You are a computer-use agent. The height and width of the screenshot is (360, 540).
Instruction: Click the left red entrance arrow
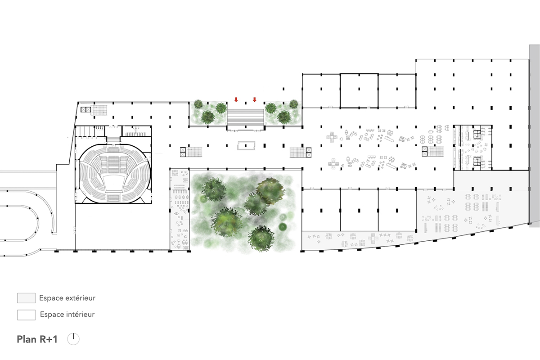coord(236,99)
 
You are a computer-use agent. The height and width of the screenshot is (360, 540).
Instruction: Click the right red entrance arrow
coord(254,99)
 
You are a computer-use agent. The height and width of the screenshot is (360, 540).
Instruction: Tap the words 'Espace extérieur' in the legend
coord(67,298)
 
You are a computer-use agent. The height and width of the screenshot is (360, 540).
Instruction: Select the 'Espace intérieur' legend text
coord(67,315)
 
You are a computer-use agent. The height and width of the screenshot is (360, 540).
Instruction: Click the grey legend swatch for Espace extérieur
coord(26,298)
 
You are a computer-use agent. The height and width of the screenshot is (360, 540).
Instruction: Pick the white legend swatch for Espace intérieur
coord(26,315)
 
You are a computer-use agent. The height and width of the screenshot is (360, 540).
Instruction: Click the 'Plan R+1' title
coord(37,339)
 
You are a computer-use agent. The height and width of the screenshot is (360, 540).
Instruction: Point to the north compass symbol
coord(73,339)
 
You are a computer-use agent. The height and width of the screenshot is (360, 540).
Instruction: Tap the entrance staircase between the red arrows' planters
coord(245,117)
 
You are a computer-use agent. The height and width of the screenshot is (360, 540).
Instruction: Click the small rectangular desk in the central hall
coord(246,146)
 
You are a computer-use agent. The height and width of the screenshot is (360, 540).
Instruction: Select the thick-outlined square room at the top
coord(359,91)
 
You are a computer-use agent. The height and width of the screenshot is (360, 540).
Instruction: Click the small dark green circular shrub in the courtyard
coord(283,227)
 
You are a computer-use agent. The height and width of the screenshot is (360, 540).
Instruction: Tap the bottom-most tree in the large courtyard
coord(261,238)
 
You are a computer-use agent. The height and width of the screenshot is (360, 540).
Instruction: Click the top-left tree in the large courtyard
coord(214,189)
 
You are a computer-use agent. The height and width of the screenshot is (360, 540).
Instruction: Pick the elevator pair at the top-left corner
coord(86,110)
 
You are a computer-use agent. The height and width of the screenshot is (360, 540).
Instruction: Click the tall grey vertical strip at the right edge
coord(534,135)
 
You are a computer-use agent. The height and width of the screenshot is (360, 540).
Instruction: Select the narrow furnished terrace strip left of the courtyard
coord(180,209)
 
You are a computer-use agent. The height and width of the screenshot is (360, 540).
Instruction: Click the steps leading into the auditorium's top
coord(113,139)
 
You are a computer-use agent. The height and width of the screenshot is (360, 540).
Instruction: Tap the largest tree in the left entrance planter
coord(207,117)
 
